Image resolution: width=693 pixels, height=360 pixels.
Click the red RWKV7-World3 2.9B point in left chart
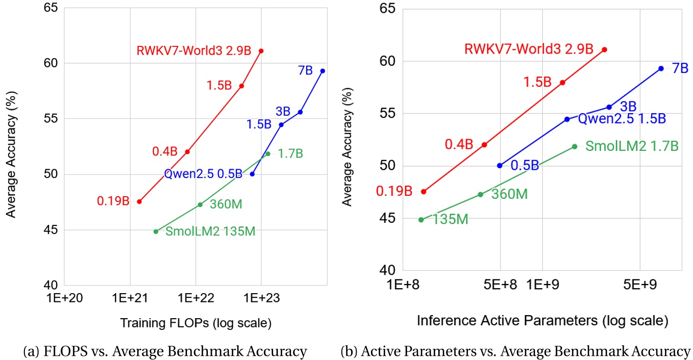click(x=261, y=51)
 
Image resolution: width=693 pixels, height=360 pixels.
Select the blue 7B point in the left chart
click(x=323, y=71)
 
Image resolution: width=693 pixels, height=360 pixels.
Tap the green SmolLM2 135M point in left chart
click(x=156, y=232)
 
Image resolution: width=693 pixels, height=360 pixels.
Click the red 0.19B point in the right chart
click(x=423, y=192)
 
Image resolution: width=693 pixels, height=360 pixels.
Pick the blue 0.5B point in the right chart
click(x=500, y=166)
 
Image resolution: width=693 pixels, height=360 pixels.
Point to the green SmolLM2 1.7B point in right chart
click(x=575, y=146)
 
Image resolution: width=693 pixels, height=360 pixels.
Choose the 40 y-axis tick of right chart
click(x=388, y=271)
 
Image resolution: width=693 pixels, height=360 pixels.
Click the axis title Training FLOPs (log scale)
click(x=196, y=323)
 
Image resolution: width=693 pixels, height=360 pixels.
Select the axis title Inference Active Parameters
click(x=542, y=321)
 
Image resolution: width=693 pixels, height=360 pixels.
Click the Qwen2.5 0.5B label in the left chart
click(x=203, y=174)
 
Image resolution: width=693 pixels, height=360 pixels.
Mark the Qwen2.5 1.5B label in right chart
click(x=621, y=119)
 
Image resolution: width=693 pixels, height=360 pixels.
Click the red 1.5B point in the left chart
click(x=242, y=86)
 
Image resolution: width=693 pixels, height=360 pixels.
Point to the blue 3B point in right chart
click(x=609, y=107)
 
